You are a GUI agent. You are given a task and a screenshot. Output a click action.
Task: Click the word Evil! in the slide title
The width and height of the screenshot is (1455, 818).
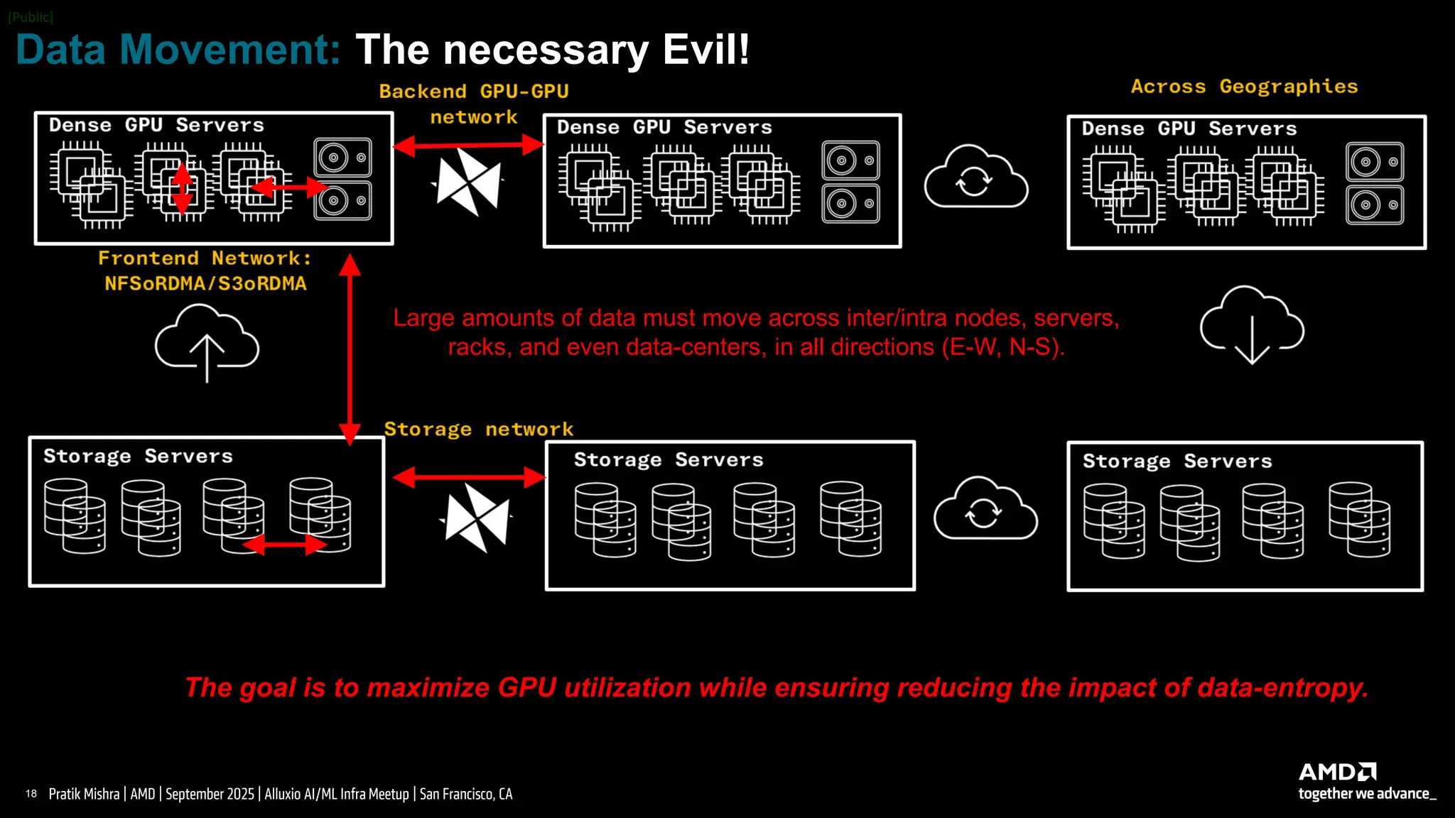coord(705,50)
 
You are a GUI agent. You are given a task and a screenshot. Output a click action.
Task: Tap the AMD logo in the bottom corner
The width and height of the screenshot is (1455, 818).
coord(1337,772)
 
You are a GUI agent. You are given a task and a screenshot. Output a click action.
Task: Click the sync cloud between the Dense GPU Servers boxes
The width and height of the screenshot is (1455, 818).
coord(975,178)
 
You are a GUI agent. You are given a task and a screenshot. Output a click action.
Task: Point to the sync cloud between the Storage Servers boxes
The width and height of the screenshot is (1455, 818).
coord(985,509)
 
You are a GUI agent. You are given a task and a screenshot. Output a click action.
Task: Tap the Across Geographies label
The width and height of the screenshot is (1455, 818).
coord(1244,87)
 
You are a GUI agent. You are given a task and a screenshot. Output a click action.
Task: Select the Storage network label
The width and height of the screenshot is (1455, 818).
coord(478,429)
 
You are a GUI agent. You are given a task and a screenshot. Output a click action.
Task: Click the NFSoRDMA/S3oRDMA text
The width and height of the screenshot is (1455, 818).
coord(205,284)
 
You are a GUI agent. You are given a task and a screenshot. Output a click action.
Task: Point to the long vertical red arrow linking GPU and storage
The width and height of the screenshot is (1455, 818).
coord(350,349)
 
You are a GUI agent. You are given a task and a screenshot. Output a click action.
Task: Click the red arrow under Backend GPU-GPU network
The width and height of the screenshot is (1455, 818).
coord(468,146)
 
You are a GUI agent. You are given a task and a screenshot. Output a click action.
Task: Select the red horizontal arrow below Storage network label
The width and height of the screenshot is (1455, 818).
coord(469,477)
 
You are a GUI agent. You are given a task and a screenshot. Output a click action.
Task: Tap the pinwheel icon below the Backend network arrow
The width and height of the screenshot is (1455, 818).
coord(468,182)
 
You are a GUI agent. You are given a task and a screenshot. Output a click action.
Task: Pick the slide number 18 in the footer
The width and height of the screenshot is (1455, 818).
coord(31,794)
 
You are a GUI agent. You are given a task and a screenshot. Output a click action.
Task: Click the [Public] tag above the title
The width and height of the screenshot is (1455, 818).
coord(31,17)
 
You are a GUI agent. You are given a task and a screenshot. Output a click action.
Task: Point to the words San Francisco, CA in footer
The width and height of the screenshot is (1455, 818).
coord(465,794)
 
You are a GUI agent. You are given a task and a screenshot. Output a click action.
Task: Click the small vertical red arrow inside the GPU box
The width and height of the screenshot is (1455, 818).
coord(183,188)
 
